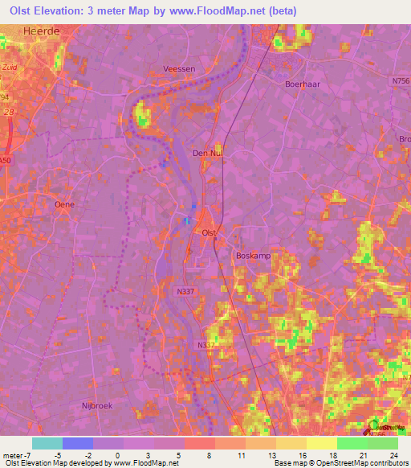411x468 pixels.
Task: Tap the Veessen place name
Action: (x=179, y=69)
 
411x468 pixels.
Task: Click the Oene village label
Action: (x=64, y=204)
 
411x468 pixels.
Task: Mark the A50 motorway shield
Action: (x=6, y=161)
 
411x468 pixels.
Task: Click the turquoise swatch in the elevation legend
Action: (x=47, y=443)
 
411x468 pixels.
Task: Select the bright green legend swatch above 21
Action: (x=352, y=443)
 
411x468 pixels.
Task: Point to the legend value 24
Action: (x=393, y=454)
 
